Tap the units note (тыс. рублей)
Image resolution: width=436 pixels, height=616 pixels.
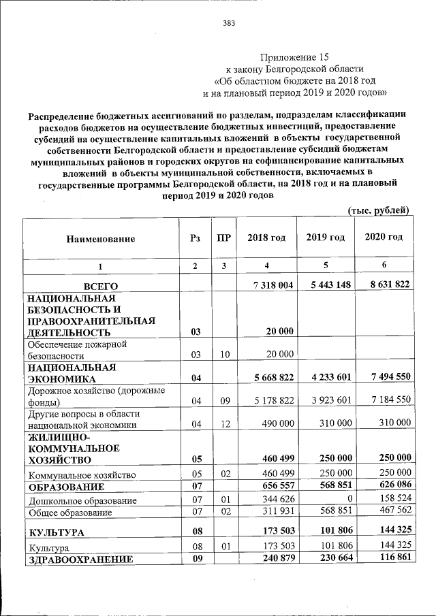point(379,210)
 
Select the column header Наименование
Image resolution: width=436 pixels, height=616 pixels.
point(101,238)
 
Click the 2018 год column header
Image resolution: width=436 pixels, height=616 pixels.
point(266,238)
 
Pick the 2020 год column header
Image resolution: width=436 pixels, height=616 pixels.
point(384,237)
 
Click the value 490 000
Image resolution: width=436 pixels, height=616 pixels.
point(275,423)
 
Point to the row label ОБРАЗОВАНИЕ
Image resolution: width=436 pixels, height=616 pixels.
point(66,487)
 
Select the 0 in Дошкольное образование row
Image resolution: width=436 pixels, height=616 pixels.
point(347,500)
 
